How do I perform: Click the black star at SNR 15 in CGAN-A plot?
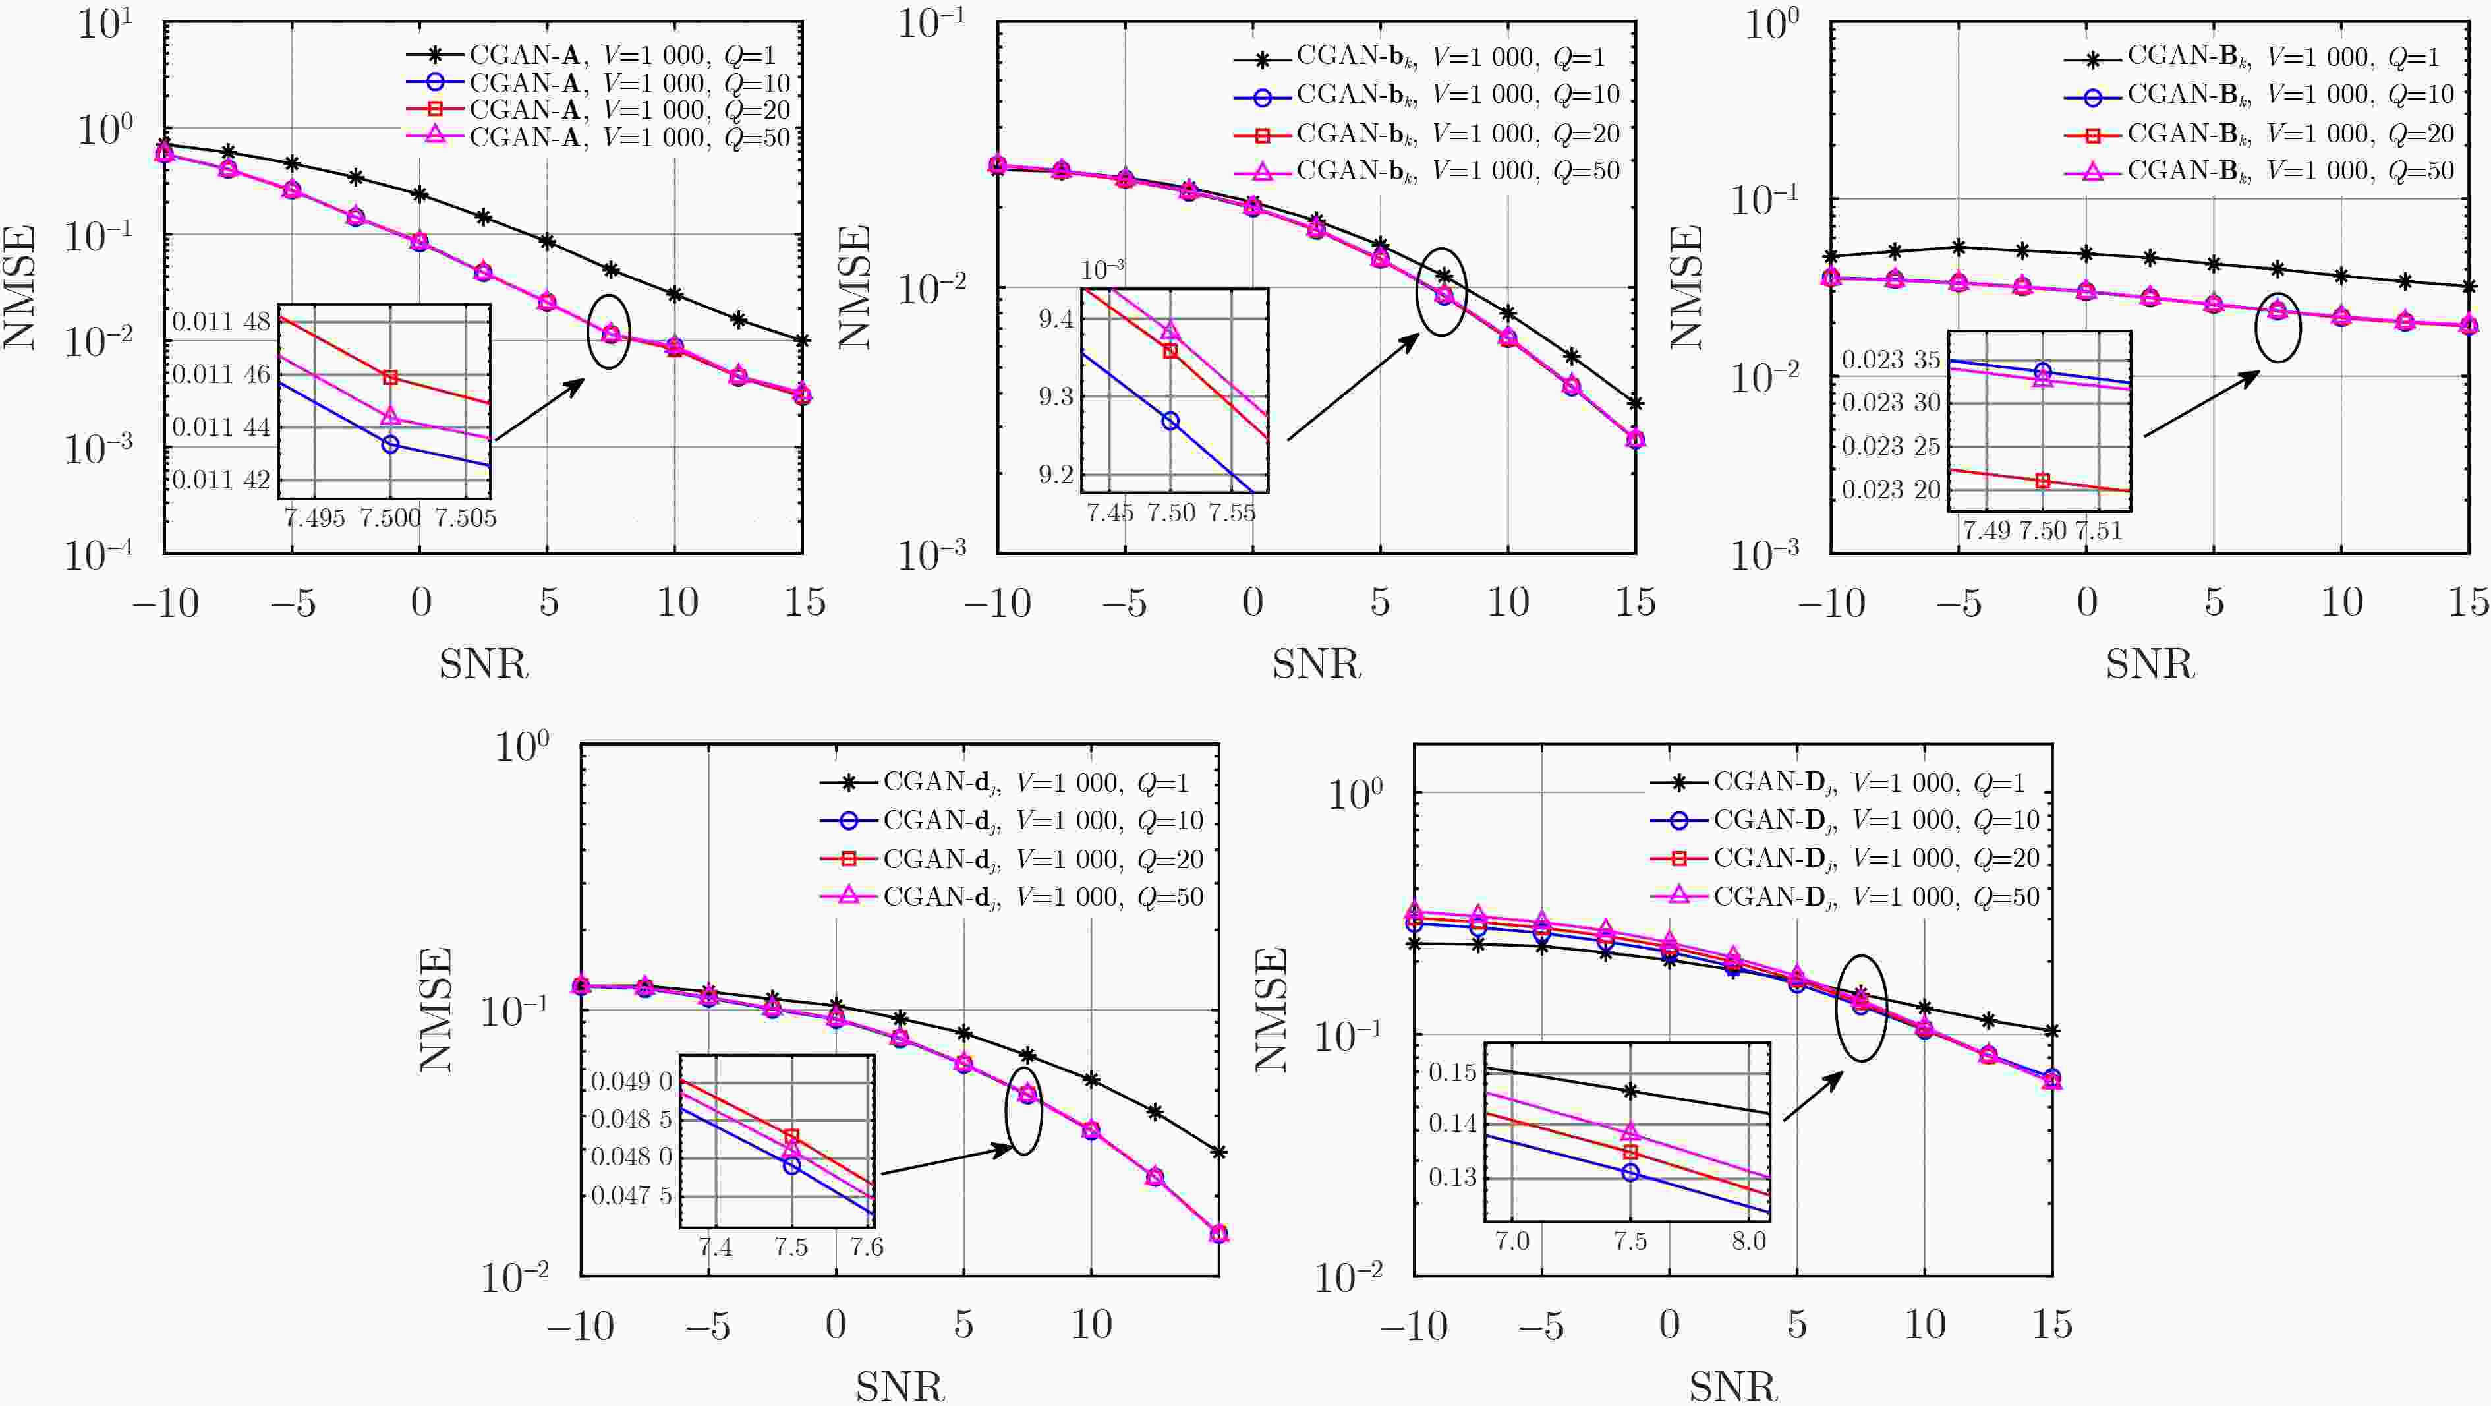(x=801, y=340)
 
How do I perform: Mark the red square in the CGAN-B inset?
(x=2042, y=481)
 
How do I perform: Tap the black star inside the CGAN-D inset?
(x=1630, y=1091)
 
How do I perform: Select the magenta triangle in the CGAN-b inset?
(x=1170, y=332)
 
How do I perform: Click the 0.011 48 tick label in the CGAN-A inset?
(x=221, y=321)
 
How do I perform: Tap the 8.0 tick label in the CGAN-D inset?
(x=1748, y=1241)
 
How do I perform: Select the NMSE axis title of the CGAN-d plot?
(x=436, y=1009)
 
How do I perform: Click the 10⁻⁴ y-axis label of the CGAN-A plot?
(x=99, y=555)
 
